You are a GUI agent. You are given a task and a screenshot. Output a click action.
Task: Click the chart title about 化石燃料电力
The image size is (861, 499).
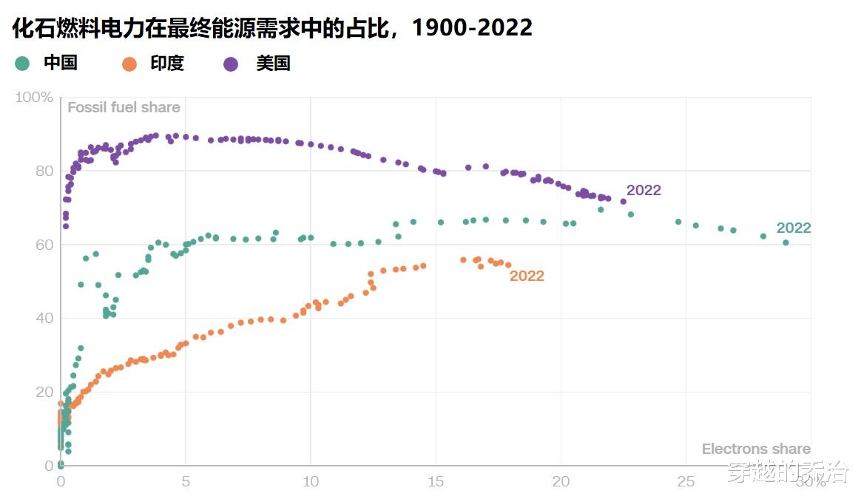tap(272, 27)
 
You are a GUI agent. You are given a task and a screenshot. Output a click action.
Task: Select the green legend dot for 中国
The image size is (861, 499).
tap(22, 64)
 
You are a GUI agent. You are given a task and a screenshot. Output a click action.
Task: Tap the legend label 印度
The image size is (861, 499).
tap(166, 64)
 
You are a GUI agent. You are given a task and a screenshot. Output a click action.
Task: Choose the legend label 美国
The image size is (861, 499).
tap(273, 64)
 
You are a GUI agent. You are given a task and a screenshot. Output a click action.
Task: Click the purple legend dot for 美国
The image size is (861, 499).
tap(231, 64)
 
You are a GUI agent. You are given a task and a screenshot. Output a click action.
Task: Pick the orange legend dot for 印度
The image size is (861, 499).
tap(129, 64)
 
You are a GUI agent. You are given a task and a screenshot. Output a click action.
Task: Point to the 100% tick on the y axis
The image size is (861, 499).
tap(34, 98)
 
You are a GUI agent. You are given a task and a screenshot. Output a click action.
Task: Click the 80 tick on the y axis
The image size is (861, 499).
tap(44, 171)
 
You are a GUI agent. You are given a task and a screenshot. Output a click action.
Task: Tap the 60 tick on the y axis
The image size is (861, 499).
tap(44, 245)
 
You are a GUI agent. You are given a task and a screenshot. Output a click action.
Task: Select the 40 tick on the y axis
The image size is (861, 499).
tap(44, 318)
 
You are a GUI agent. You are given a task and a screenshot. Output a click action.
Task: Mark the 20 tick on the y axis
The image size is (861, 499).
tap(44, 392)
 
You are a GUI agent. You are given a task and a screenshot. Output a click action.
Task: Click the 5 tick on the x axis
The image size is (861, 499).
tap(186, 481)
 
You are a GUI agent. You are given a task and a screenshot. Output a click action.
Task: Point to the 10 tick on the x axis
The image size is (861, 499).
tap(311, 481)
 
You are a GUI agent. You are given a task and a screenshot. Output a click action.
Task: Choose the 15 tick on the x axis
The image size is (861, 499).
tap(436, 481)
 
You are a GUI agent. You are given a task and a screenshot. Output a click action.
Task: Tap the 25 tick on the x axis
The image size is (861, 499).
tap(686, 481)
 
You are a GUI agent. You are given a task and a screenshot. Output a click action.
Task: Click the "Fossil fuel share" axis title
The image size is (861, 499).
tap(124, 107)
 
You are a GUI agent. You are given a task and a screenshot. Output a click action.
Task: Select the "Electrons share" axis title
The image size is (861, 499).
tap(756, 449)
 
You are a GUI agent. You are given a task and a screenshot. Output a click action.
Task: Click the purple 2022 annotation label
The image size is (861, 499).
tap(644, 190)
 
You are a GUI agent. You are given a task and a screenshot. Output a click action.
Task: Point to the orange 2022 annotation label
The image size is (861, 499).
tap(527, 276)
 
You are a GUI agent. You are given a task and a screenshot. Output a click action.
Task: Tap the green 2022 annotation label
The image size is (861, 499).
tap(794, 228)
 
